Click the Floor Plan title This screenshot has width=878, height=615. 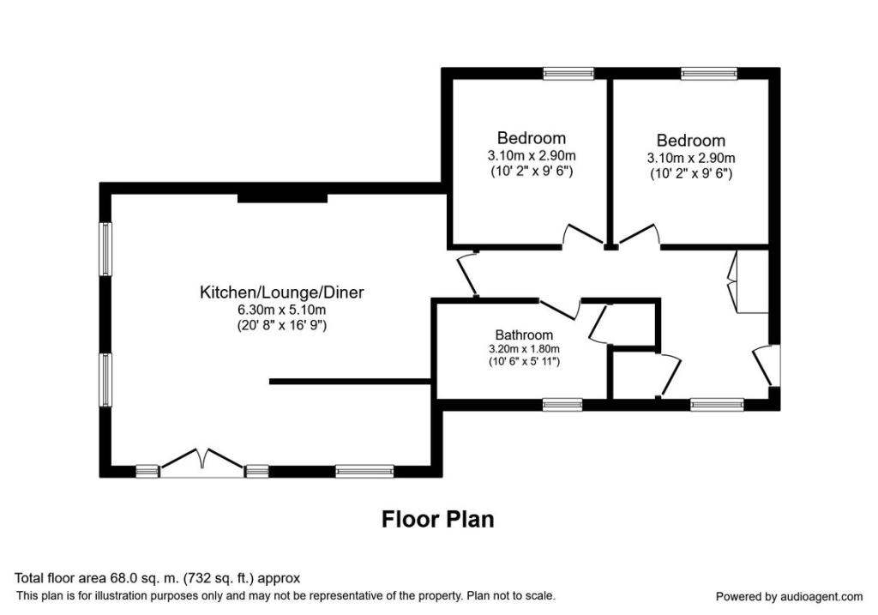tap(437, 519)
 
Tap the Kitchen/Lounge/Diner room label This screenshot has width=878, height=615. tap(281, 292)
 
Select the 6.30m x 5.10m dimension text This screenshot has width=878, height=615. tap(281, 310)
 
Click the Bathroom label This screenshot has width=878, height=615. tap(524, 335)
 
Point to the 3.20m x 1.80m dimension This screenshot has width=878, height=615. tap(524, 349)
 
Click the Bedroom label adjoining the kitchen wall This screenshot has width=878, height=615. tap(531, 138)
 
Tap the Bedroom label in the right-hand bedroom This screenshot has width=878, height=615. tap(690, 141)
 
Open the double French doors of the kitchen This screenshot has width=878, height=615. tap(202, 463)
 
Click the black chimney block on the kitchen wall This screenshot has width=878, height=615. tap(282, 197)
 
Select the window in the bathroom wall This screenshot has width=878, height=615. tap(562, 403)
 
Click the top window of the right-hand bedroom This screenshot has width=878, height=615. tap(709, 74)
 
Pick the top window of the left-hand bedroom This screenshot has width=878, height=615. tap(569, 74)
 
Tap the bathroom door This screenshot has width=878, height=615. tap(558, 310)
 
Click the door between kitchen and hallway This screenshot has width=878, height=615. tap(468, 275)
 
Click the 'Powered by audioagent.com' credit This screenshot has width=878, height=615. tap(789, 596)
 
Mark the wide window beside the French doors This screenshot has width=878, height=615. tap(364, 470)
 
